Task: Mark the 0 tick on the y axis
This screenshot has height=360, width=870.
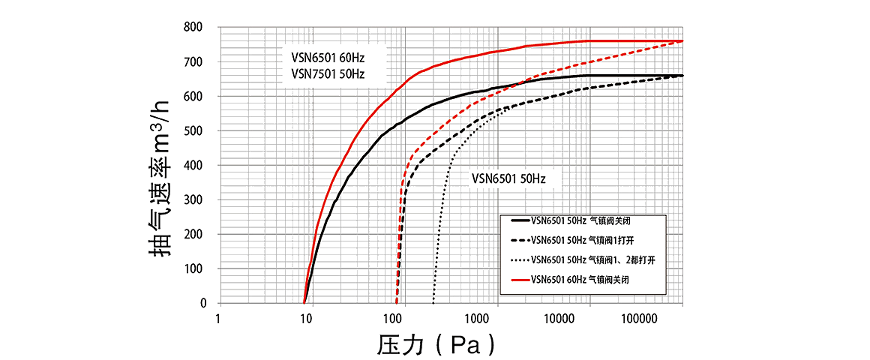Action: tap(202, 304)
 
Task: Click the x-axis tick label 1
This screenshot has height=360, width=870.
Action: tap(219, 319)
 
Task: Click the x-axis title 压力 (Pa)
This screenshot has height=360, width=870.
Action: tap(436, 343)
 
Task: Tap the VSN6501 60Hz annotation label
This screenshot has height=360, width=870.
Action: tap(328, 57)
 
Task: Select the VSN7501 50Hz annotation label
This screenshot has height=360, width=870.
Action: tap(328, 73)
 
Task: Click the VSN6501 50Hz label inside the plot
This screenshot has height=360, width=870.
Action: tap(508, 179)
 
